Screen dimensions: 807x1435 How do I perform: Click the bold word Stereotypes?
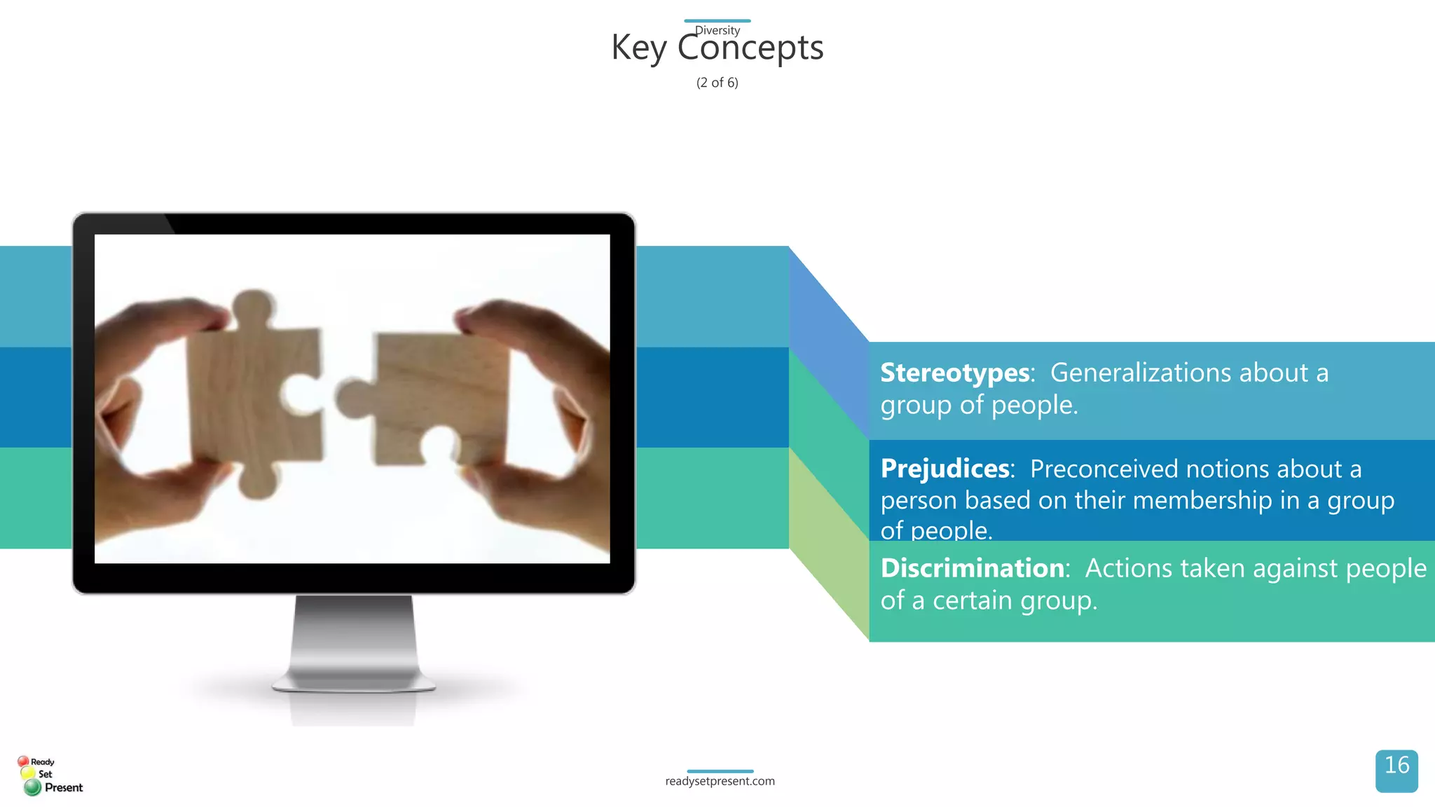pyautogui.click(x=954, y=373)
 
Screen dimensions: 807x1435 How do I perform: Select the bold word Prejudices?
pyautogui.click(x=945, y=469)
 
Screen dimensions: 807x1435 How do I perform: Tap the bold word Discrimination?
pyautogui.click(x=973, y=568)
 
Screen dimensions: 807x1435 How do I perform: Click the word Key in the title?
pyautogui.click(x=638, y=49)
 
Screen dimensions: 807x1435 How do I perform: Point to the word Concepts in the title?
pyautogui.click(x=750, y=49)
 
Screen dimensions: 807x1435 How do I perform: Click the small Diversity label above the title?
pyautogui.click(x=717, y=30)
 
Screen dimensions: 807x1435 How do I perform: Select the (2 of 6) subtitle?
pyautogui.click(x=717, y=83)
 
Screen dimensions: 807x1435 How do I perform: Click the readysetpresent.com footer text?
pyautogui.click(x=720, y=781)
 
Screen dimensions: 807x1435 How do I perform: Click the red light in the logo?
pyautogui.click(x=23, y=761)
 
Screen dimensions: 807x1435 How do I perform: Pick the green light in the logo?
pyautogui.click(x=32, y=788)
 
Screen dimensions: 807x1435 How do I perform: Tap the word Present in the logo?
pyautogui.click(x=64, y=788)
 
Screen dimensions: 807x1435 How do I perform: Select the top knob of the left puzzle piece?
pyautogui.click(x=253, y=306)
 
